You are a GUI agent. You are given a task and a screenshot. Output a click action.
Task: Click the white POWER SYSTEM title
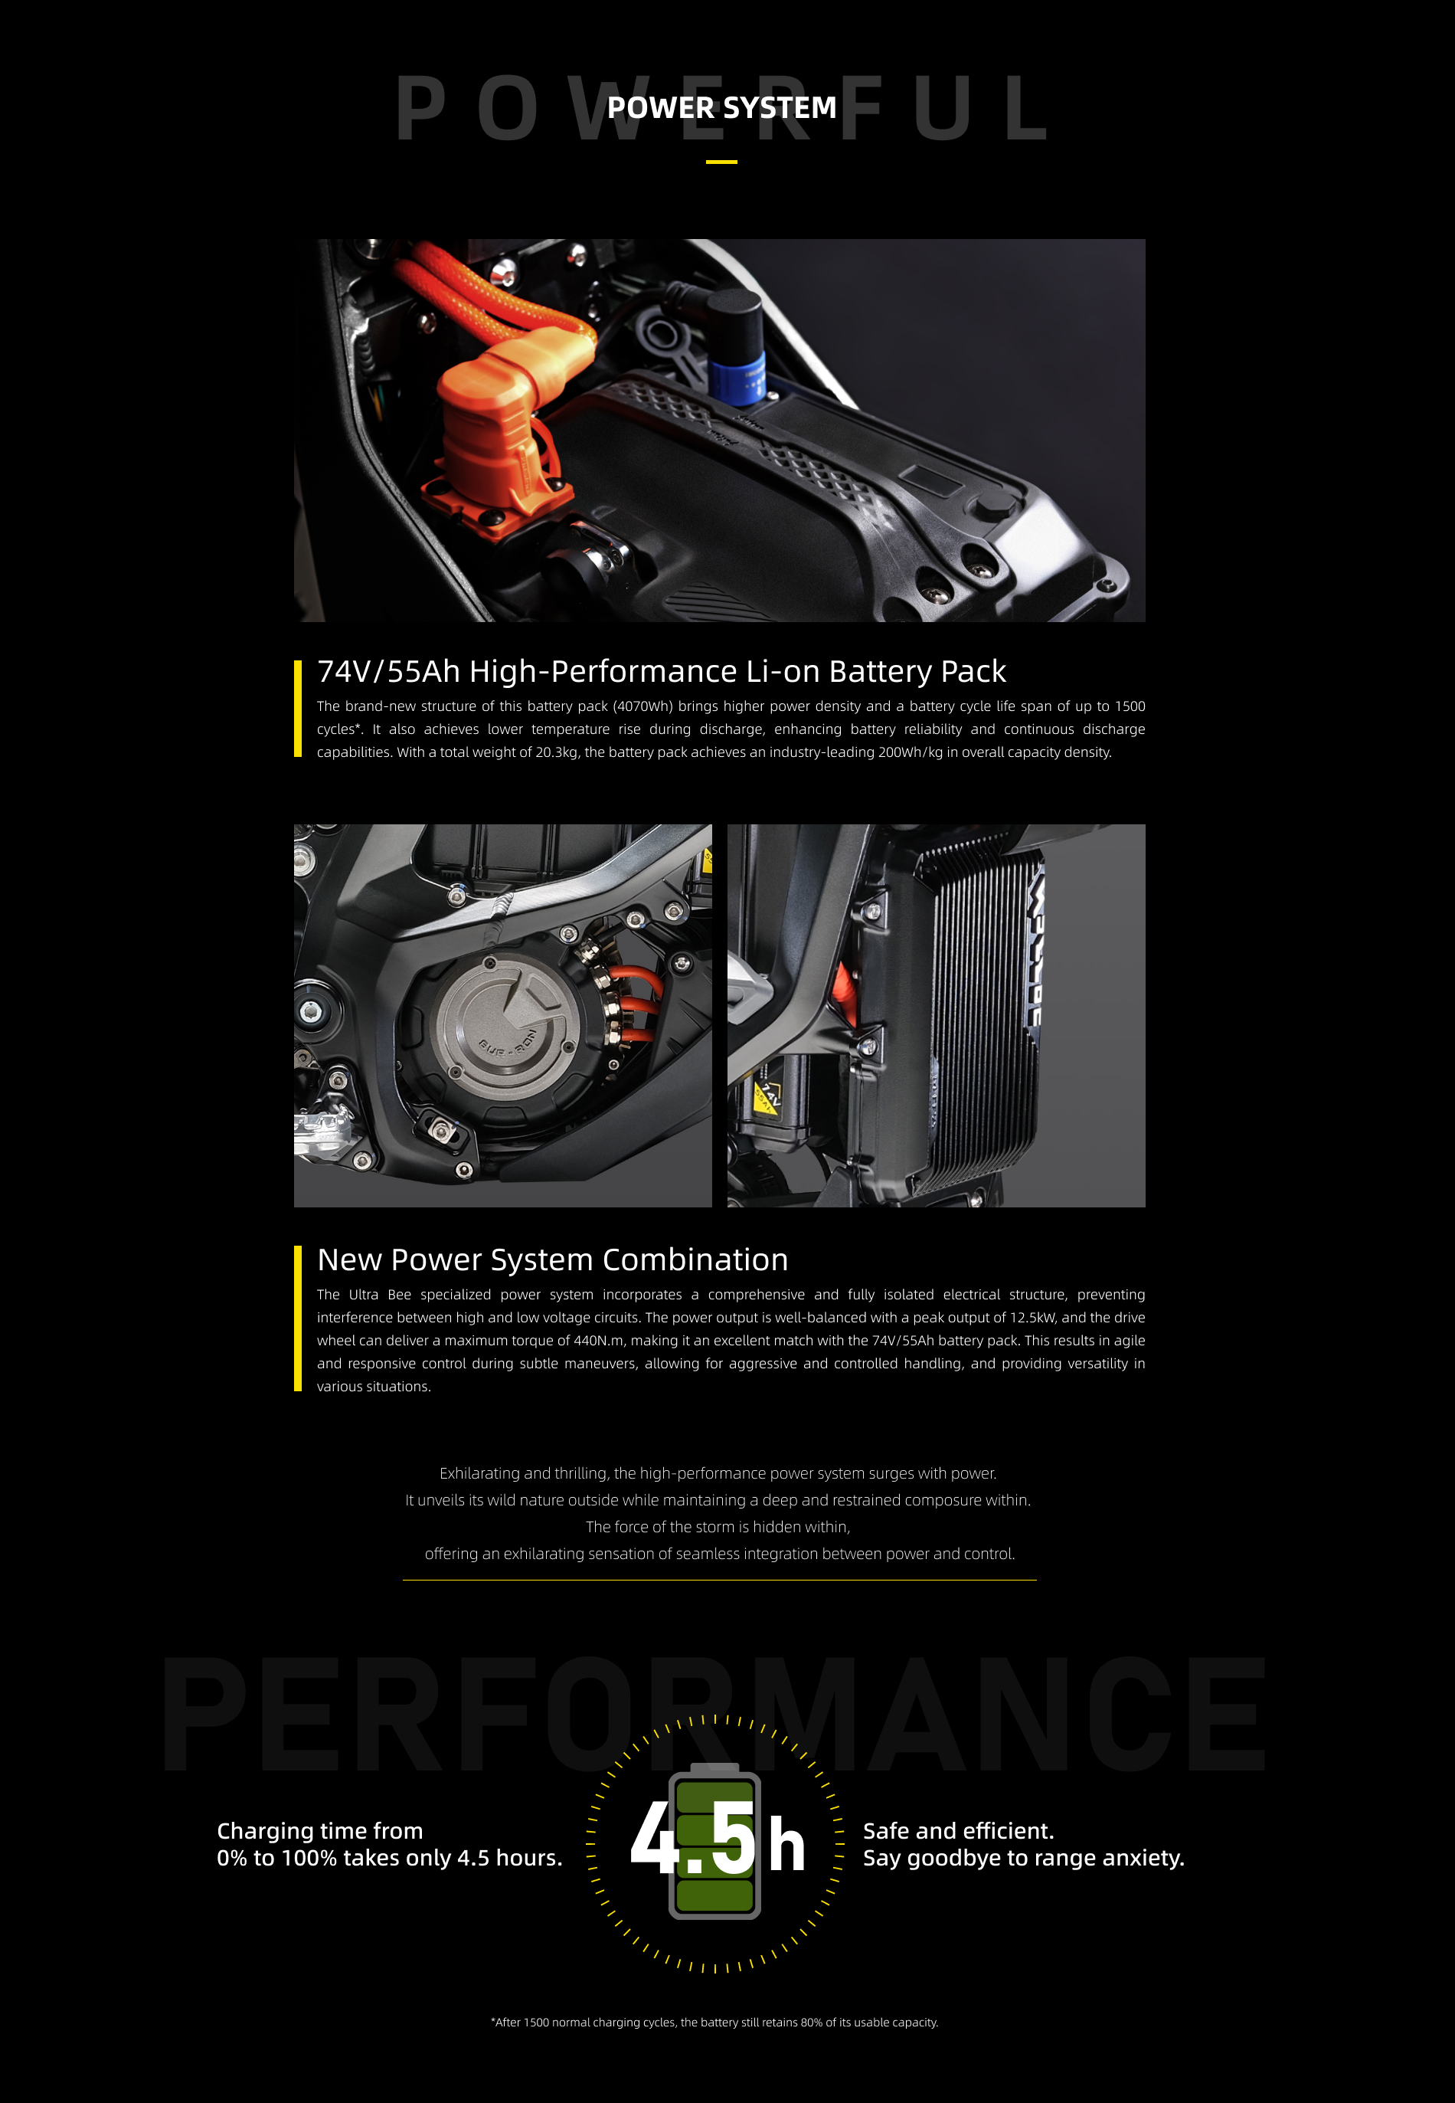(721, 107)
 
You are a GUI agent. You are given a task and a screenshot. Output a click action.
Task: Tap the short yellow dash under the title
(721, 162)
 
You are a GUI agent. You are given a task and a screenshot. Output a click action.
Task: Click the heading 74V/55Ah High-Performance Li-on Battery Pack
(661, 671)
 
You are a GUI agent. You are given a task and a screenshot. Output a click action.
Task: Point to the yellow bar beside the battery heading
(297, 709)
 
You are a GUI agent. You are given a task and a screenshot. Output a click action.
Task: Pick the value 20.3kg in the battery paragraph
(556, 752)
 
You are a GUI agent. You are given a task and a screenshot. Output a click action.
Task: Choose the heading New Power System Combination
(552, 1260)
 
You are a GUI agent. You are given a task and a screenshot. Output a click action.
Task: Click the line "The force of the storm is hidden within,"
(718, 1527)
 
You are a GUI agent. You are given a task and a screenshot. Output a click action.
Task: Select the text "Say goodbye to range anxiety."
(1023, 1858)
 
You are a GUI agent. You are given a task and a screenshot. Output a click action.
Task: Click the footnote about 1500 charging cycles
(714, 2023)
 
